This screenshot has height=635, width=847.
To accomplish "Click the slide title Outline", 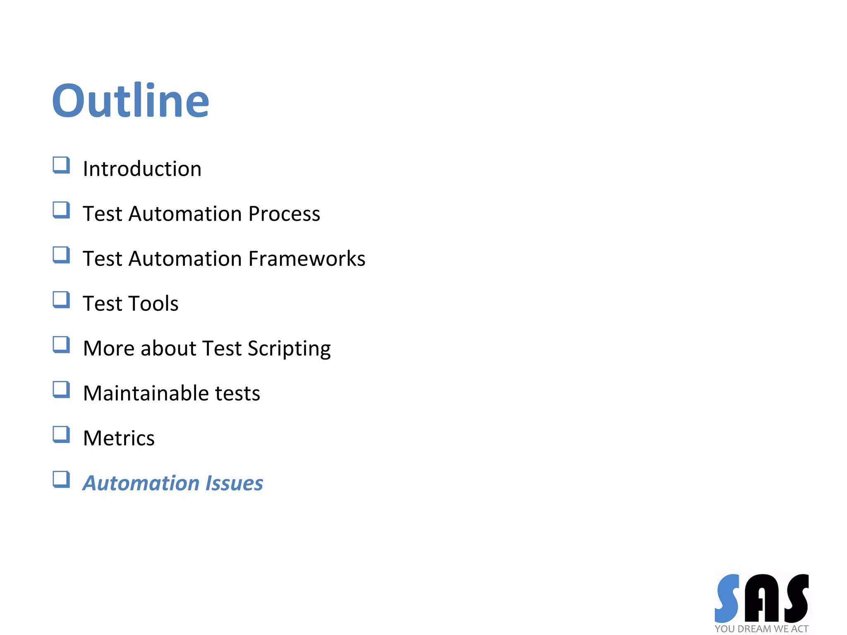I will (131, 100).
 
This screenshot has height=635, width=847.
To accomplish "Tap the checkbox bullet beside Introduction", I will (61, 165).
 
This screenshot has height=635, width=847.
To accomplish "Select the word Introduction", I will (142, 169).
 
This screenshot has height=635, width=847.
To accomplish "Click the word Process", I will (284, 214).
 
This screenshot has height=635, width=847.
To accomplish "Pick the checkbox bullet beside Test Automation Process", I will (61, 210).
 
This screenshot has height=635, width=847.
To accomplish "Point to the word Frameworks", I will (307, 259).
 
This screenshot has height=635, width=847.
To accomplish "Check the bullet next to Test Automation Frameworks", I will (61, 255).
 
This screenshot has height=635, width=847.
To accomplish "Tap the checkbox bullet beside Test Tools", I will (61, 300).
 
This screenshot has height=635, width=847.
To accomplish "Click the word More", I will (109, 349).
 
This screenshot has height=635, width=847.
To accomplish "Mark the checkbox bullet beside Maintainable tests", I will (61, 389).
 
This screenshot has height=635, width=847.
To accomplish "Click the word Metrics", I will (119, 438).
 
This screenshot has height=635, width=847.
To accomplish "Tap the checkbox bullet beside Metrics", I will (61, 434).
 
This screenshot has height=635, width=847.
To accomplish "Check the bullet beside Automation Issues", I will (61, 480).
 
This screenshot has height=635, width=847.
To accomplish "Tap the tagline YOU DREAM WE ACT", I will (761, 629).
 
